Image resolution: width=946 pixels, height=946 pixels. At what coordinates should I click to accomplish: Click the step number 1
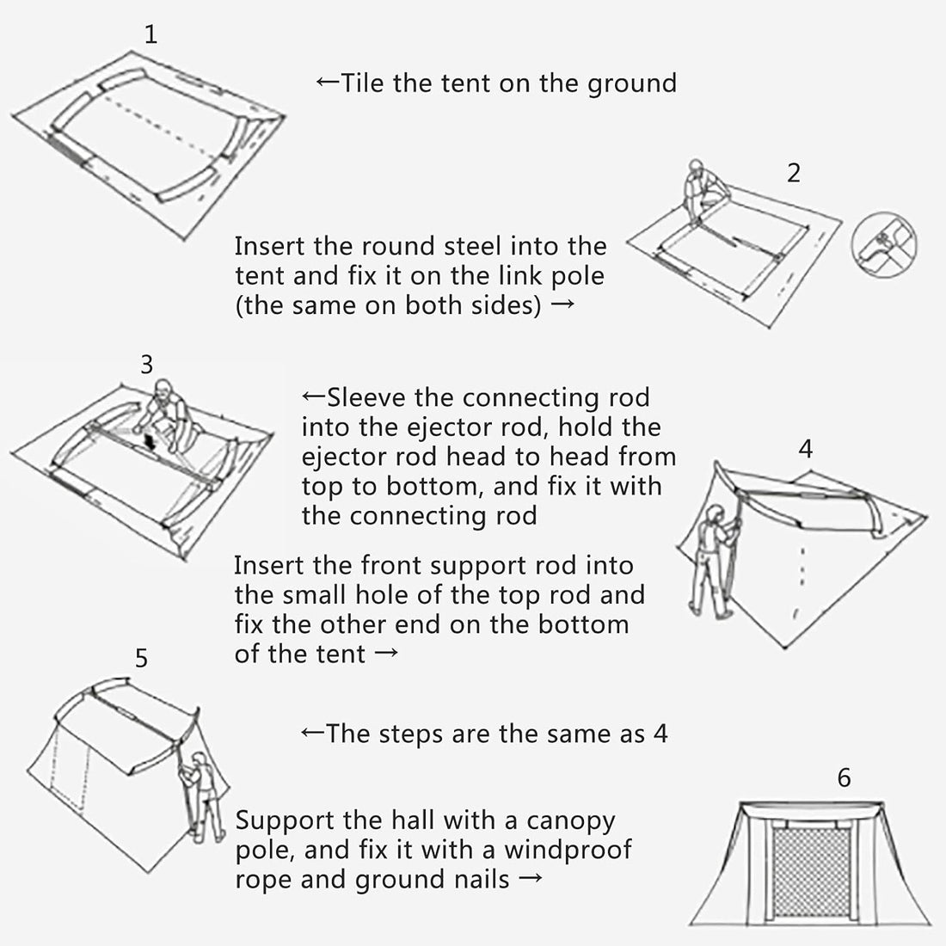pyautogui.click(x=151, y=36)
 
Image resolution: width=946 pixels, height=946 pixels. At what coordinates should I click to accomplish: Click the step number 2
pyautogui.click(x=793, y=173)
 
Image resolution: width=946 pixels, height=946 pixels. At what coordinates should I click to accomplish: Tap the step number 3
pyautogui.click(x=146, y=365)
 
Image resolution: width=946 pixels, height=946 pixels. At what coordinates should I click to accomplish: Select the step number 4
pyautogui.click(x=806, y=449)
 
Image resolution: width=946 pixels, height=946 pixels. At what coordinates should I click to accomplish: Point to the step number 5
pyautogui.click(x=142, y=659)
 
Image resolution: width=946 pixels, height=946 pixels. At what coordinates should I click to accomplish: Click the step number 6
pyautogui.click(x=844, y=777)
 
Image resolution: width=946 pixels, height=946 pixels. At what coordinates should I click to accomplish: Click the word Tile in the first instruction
pyautogui.click(x=365, y=83)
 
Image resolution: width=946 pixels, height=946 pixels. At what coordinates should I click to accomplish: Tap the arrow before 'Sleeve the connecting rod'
pyautogui.click(x=313, y=397)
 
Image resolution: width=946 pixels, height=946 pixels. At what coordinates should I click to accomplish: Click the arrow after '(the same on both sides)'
pyautogui.click(x=561, y=306)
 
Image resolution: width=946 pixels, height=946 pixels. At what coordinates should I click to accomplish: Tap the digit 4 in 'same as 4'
pyautogui.click(x=660, y=734)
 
